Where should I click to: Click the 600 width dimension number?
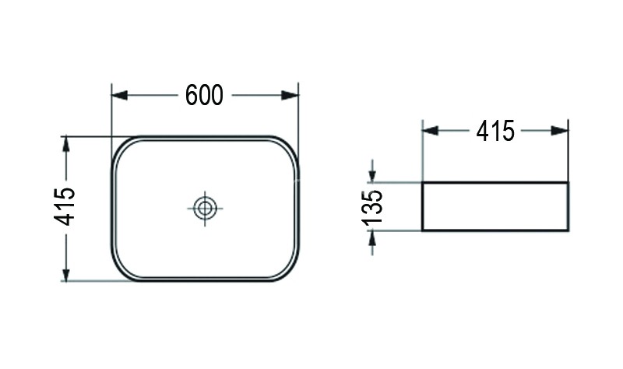click(x=205, y=95)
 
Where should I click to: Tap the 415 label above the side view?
click(x=495, y=132)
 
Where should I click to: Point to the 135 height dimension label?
click(x=373, y=207)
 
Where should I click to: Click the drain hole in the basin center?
click(x=206, y=208)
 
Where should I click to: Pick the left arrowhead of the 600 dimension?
click(x=119, y=95)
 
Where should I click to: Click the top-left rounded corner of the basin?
click(x=121, y=146)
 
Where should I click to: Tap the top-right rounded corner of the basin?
click(x=290, y=146)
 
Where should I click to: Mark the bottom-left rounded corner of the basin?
click(x=121, y=270)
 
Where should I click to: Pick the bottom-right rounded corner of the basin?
click(x=290, y=270)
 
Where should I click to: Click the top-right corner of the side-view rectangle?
click(x=568, y=183)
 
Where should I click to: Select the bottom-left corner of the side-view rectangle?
click(x=422, y=230)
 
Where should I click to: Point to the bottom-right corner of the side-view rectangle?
click(x=568, y=230)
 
